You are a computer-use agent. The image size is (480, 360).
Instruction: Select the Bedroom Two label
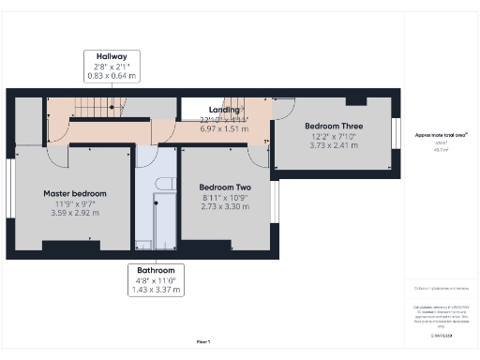(x=226, y=187)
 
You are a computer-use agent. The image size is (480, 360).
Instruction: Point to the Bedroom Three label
(x=333, y=126)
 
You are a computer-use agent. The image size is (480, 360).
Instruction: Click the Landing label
(x=223, y=109)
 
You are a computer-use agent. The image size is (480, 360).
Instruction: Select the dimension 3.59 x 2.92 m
(x=75, y=213)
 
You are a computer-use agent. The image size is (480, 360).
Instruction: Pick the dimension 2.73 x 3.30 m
(x=226, y=206)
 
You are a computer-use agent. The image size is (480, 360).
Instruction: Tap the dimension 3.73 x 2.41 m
(x=333, y=145)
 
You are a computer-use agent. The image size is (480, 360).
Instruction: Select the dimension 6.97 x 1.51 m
(x=223, y=128)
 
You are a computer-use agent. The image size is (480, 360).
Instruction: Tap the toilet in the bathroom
(x=162, y=185)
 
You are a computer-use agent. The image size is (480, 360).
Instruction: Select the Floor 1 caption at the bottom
(x=202, y=341)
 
